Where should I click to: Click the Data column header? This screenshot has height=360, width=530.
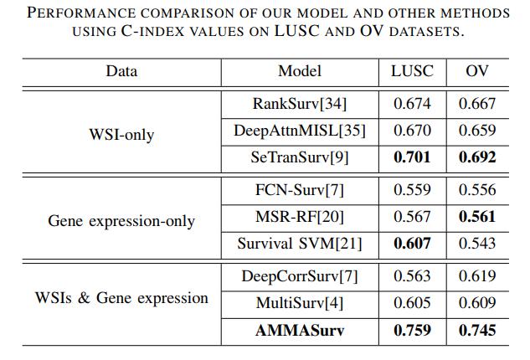pos(121,71)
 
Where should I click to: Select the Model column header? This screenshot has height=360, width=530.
pos(300,71)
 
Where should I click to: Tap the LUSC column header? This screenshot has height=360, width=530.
pos(412,71)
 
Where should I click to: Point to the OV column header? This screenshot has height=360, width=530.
pos(477,71)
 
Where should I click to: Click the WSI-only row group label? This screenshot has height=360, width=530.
pos(121,135)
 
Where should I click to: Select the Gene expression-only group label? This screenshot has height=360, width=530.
pos(121,221)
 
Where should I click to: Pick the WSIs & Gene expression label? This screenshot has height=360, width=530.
pos(121,298)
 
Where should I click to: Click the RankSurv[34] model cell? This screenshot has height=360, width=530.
pos(300,104)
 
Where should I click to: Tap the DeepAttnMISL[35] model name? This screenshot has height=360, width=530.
pos(300,131)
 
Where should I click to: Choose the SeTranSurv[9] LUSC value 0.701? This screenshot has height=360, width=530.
pos(412,157)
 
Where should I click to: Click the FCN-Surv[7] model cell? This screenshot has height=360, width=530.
pos(300,190)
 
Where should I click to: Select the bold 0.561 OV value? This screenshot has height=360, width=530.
pos(477,216)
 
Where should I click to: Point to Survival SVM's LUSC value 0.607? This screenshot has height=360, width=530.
pos(412,244)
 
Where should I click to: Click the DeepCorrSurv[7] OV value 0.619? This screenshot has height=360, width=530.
pos(477,276)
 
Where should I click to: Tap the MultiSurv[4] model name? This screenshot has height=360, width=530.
pos(300,303)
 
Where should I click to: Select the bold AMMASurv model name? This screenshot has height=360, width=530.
pos(300,330)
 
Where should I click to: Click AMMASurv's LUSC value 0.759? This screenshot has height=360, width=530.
pos(412,330)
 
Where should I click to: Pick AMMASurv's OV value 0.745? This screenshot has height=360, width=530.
pos(477,330)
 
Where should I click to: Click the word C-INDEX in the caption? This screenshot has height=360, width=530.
pos(152,31)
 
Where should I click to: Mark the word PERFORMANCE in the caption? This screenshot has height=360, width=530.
pos(81,13)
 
